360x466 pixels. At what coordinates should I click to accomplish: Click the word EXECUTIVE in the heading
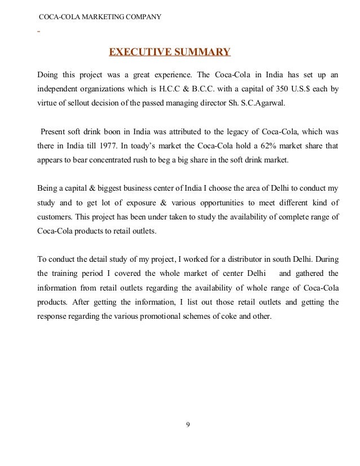click(137, 53)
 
